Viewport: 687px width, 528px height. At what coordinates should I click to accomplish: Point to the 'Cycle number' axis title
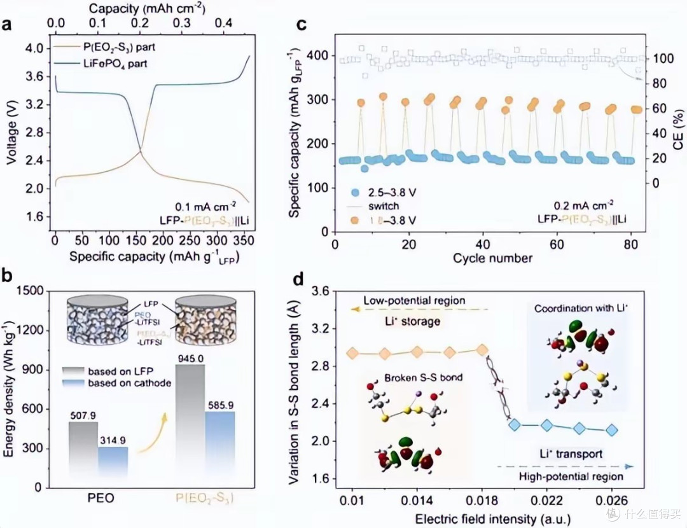click(x=493, y=258)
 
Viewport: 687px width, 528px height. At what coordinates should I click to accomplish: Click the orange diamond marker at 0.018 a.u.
click(x=482, y=350)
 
